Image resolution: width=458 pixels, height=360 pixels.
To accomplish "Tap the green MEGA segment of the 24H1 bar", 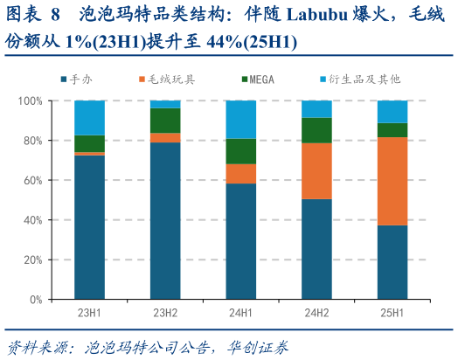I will pyautogui.click(x=240, y=151).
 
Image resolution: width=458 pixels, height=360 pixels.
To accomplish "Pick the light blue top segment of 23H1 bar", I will pyautogui.click(x=89, y=117).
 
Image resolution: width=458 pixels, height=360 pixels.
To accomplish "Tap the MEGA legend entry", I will pyautogui.click(x=258, y=80).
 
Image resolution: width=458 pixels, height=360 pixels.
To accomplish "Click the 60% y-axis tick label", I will pyautogui.click(x=32, y=181).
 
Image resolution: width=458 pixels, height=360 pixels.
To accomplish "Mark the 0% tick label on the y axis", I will pyautogui.click(x=35, y=300).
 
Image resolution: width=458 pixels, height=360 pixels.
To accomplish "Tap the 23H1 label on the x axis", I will pyautogui.click(x=89, y=313).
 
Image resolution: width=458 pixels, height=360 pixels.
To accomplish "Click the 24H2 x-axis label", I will pyautogui.click(x=316, y=313).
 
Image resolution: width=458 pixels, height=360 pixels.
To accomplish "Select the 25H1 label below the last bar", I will pyautogui.click(x=392, y=313).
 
